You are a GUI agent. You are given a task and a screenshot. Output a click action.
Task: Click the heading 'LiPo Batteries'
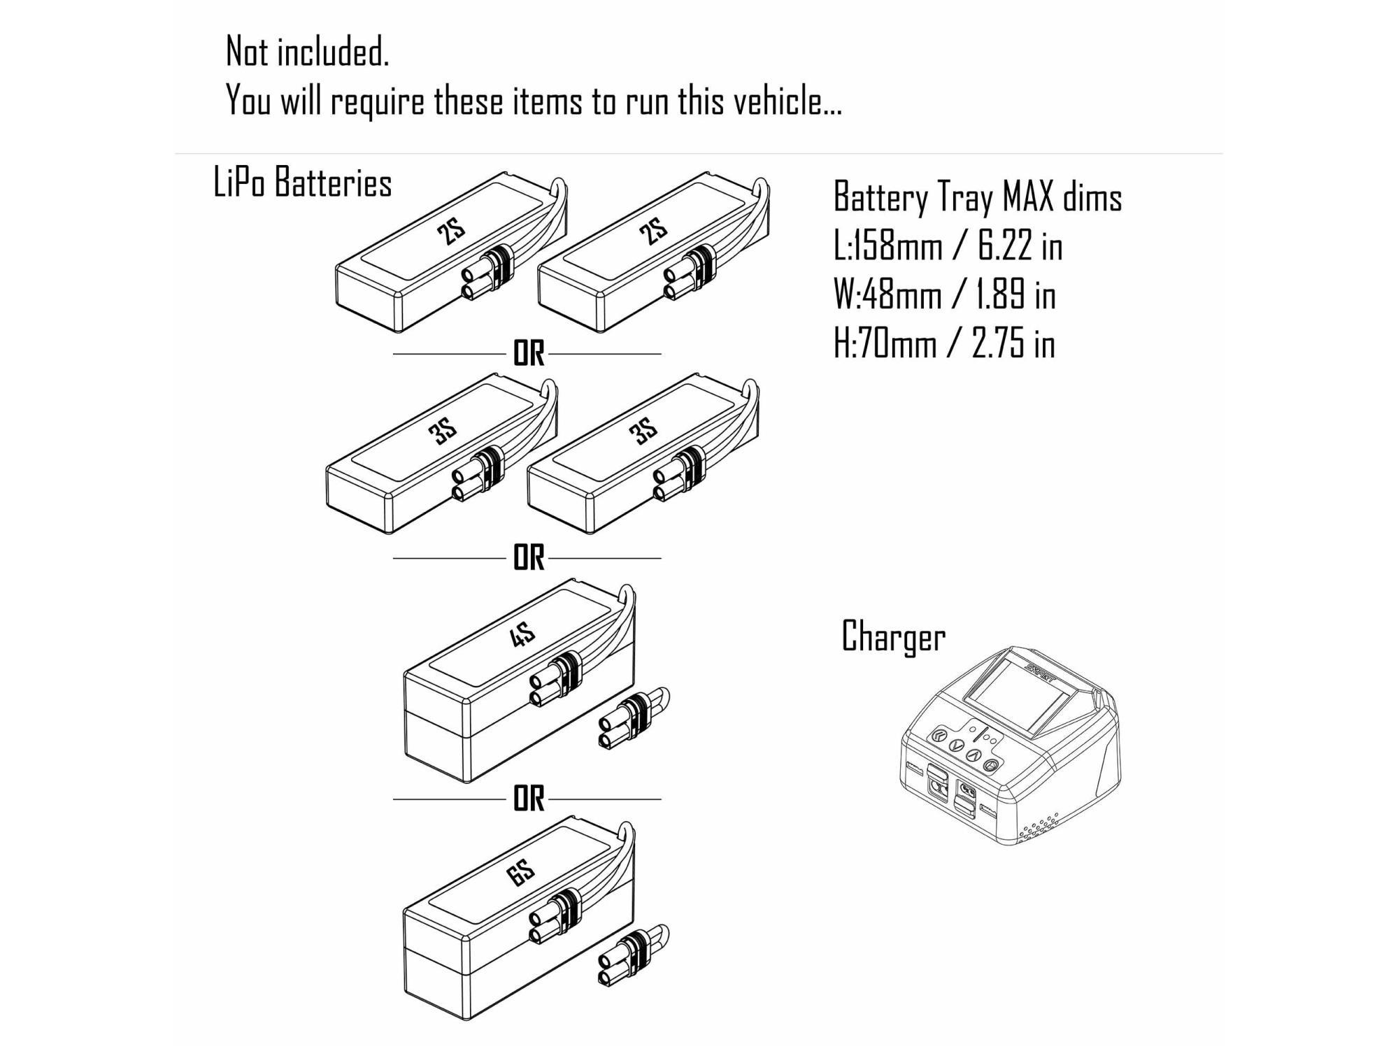point(302,183)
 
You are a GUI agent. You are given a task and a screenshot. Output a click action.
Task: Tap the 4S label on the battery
point(522,635)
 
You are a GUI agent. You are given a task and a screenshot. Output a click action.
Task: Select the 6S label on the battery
point(521,873)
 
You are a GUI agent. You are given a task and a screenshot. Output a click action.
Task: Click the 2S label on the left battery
point(452,231)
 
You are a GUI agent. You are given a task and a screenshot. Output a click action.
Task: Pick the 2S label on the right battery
point(654,231)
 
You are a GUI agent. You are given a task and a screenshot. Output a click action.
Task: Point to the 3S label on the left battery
point(443,431)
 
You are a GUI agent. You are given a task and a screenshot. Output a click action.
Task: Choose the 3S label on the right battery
point(644,431)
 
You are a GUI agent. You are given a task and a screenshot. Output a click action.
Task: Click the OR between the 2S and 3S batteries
point(528,354)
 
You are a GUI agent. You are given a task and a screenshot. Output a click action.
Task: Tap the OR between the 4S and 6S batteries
point(528,799)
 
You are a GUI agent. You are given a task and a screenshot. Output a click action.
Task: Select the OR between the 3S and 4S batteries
point(528,558)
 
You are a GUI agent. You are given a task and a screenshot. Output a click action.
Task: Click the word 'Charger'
point(893,637)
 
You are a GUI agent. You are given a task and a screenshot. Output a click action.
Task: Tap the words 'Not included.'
point(307,52)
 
